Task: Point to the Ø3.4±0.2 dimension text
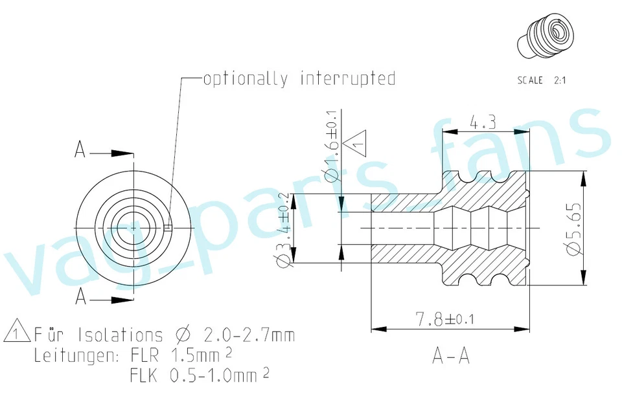click(x=283, y=229)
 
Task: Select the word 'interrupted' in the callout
click(x=347, y=79)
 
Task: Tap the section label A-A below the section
click(x=450, y=355)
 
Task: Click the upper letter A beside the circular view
click(x=80, y=150)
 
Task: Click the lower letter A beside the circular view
click(x=80, y=296)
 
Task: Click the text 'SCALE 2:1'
click(x=541, y=81)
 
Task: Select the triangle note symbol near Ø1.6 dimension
click(x=355, y=142)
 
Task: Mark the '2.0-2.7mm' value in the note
click(x=249, y=335)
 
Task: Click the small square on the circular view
click(x=168, y=227)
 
